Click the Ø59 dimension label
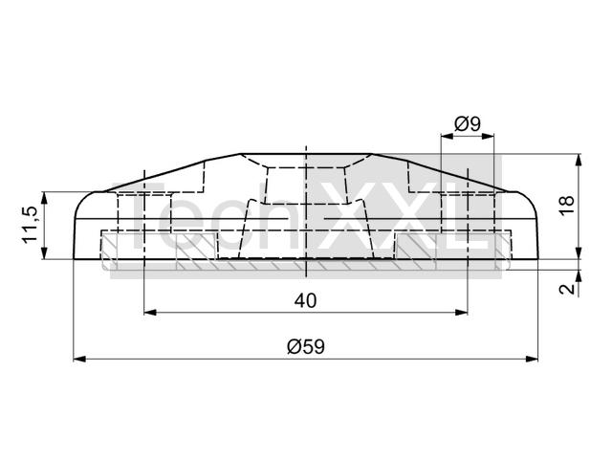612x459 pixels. coord(306,346)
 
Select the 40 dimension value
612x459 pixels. coord(306,301)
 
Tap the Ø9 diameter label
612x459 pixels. coord(468,124)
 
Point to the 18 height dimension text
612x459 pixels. coord(567,205)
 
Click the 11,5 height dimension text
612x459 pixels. coord(30,225)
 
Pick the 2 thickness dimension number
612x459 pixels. coord(567,289)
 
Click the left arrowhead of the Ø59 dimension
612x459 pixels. coord(79,360)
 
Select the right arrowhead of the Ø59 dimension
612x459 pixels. coord(532,360)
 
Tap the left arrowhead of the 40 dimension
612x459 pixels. coord(150,313)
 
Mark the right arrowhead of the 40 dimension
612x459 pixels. coord(461,313)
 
